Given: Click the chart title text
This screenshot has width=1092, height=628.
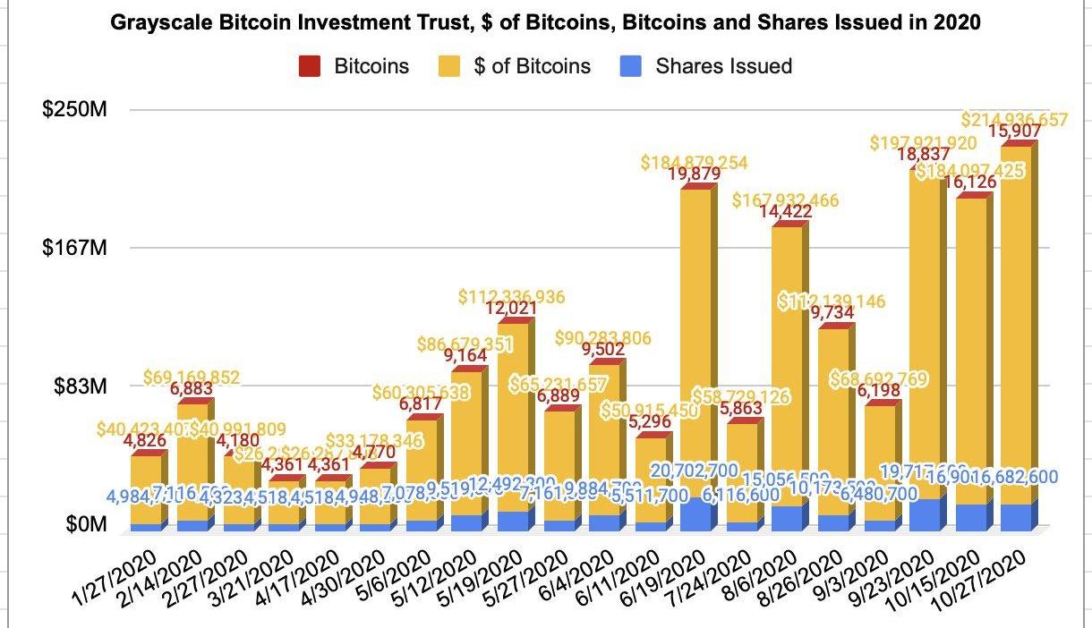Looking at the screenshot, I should [x=545, y=24].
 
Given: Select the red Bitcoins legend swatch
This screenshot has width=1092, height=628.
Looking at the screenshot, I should [x=310, y=65].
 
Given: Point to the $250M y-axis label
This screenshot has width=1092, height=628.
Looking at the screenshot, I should [x=75, y=110].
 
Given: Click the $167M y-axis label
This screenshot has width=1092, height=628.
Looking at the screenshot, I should [x=75, y=248].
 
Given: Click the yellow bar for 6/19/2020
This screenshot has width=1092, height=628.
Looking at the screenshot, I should [x=695, y=340].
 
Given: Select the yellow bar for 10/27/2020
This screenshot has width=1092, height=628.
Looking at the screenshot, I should [x=1017, y=322].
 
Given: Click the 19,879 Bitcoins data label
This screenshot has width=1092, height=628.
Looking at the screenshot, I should [x=694, y=174].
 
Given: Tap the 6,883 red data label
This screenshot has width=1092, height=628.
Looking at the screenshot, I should [x=190, y=387].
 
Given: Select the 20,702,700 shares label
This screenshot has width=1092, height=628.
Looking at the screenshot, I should [x=694, y=468].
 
